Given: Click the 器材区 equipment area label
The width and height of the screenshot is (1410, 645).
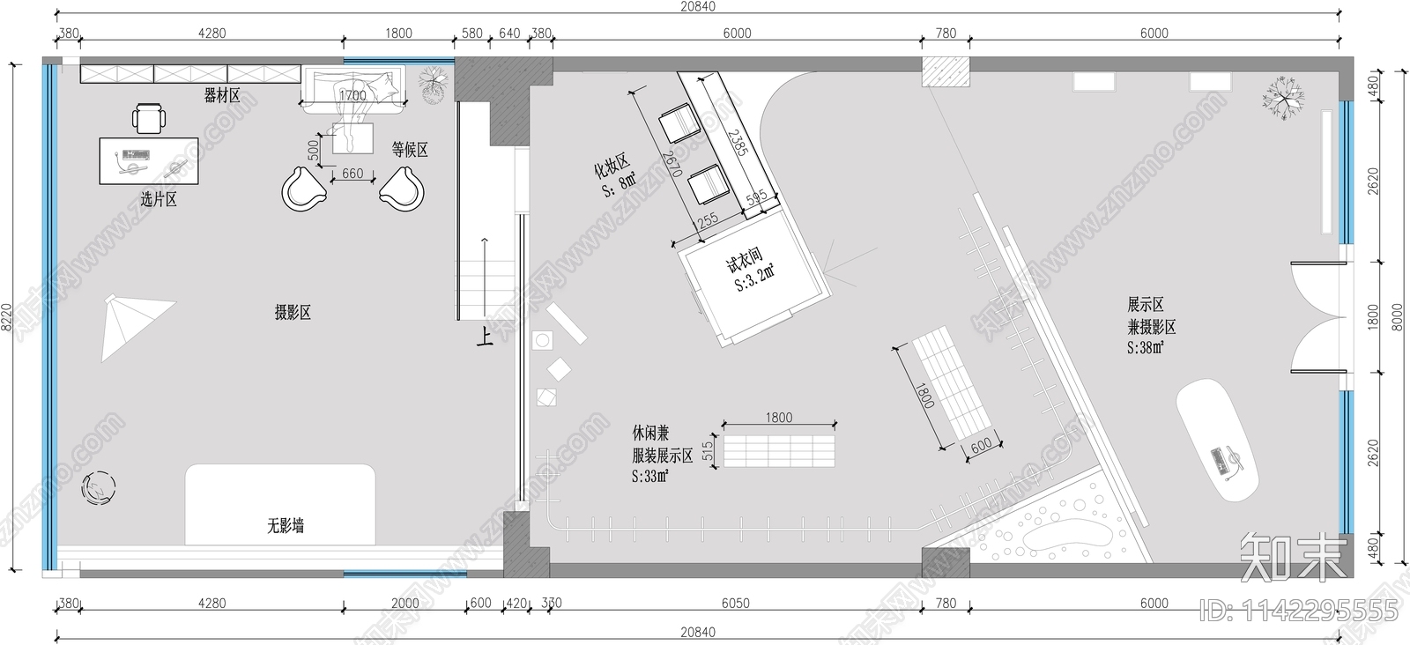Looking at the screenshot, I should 222,95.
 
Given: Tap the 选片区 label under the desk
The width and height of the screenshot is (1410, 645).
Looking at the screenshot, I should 159,200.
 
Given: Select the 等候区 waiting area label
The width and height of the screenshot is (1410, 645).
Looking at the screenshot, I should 410,150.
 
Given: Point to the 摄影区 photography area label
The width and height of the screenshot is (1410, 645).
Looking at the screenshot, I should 293,312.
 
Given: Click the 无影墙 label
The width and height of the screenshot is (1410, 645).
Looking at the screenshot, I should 286,526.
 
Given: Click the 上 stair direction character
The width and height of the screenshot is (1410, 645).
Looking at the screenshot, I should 485,337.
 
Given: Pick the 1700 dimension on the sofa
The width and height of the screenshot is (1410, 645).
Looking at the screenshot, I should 352,96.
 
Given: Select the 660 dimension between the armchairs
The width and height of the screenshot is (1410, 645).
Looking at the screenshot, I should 352,174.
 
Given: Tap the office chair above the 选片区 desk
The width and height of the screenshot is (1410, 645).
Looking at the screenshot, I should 149,117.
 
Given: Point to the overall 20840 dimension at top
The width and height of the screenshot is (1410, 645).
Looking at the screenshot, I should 697,7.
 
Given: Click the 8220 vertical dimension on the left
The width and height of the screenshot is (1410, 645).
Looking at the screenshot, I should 7,317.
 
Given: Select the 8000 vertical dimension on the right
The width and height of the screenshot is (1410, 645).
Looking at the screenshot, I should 1395,317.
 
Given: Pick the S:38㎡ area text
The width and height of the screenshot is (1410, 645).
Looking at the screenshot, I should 1146,348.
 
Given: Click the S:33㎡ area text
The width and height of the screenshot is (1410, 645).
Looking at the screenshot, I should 649,477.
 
